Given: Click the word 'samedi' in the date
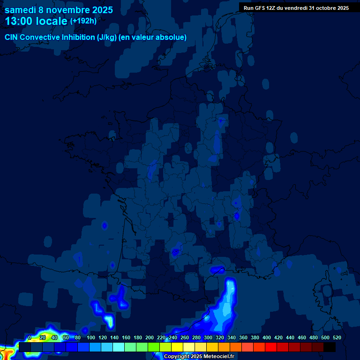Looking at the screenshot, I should [20, 10].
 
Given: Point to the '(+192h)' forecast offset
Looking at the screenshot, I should [83, 21].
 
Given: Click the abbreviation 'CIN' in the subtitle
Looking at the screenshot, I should [12, 37].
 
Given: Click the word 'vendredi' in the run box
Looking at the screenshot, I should [293, 8].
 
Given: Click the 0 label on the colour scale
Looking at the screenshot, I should [30, 337].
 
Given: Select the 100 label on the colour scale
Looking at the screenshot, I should [91, 337].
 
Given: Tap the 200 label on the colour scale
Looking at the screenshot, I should [150, 337].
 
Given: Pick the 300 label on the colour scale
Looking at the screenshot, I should [208, 337].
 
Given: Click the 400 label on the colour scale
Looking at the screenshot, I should [267, 337].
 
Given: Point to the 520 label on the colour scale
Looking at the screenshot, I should [337, 337].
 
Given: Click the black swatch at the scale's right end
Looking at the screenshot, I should [330, 347].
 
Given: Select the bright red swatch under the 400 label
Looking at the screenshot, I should [271, 347].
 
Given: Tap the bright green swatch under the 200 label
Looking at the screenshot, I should [154, 347].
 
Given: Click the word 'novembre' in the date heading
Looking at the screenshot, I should [69, 10].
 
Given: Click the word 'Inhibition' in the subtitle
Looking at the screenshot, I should [77, 37].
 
